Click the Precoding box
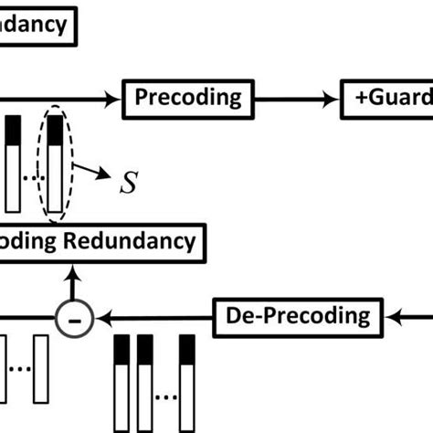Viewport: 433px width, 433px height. pyautogui.click(x=189, y=97)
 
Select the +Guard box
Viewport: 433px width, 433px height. pyautogui.click(x=387, y=97)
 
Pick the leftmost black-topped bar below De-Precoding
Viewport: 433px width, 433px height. pyautogui.click(x=122, y=384)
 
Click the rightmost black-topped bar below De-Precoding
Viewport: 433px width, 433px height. pyautogui.click(x=187, y=384)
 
